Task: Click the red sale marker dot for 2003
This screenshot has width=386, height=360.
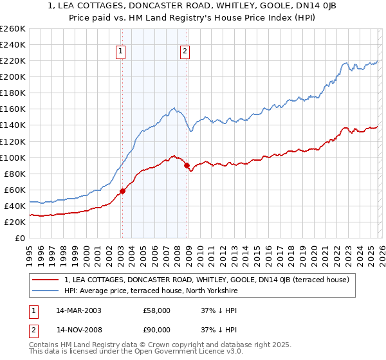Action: coord(122,190)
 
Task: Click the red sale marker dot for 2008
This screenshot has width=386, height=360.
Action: coord(187,165)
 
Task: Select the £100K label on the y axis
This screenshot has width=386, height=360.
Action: coord(12,157)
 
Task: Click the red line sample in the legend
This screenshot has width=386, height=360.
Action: coord(45,280)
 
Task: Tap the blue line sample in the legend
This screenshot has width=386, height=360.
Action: coord(45,291)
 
